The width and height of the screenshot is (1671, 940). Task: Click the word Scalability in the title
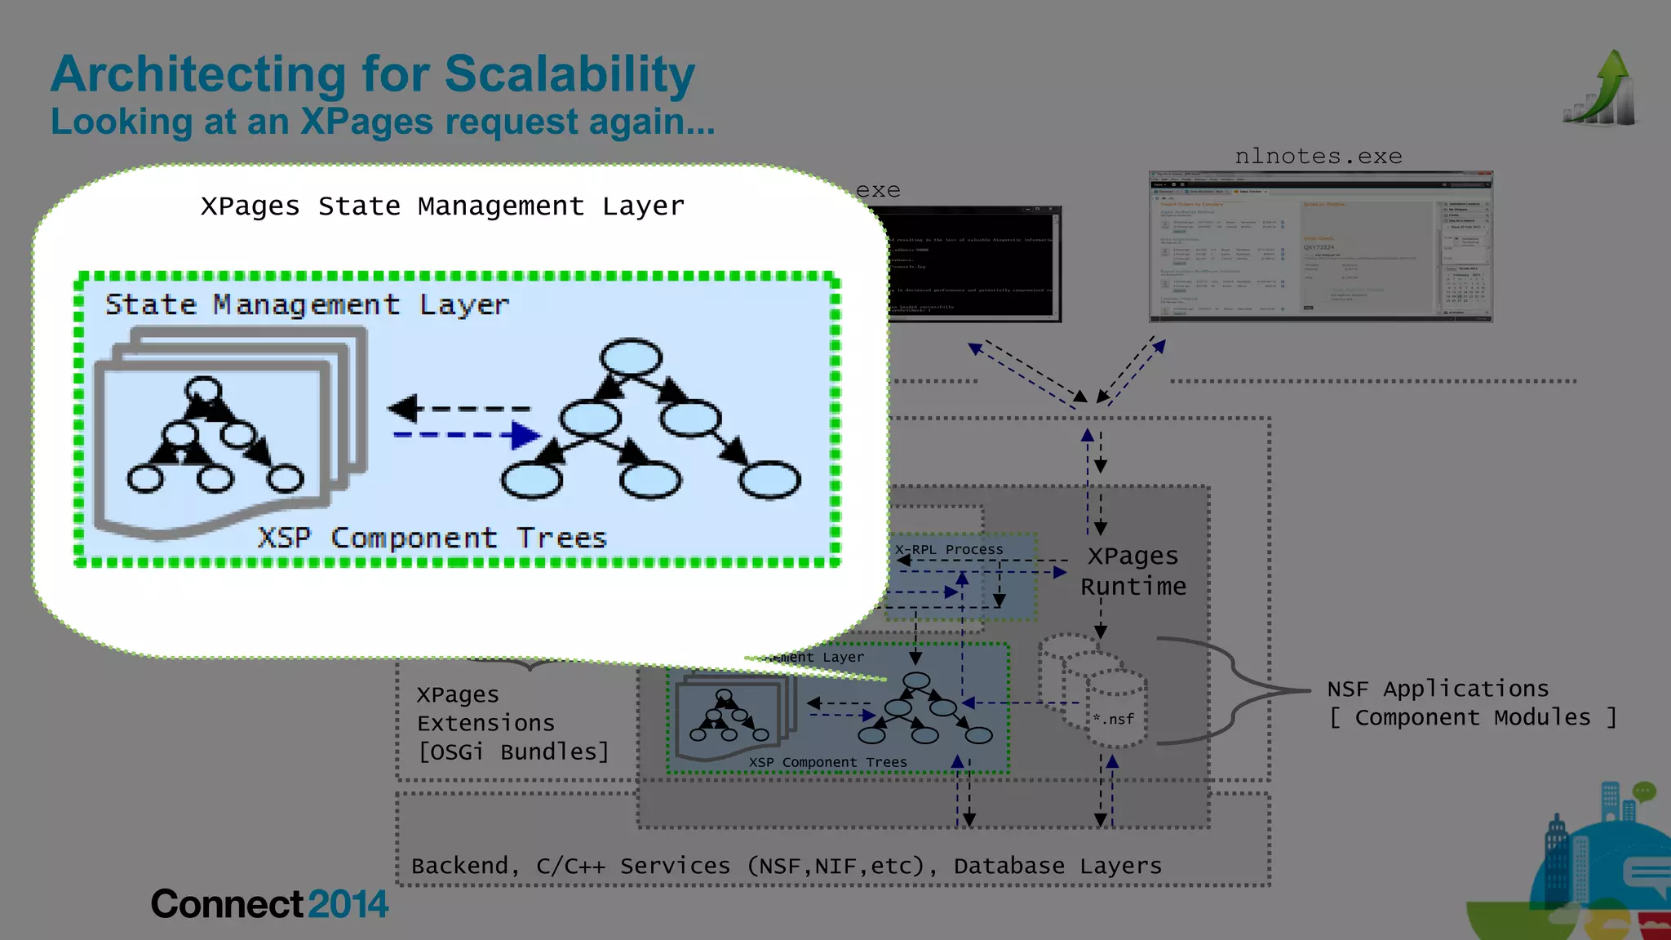click(x=570, y=75)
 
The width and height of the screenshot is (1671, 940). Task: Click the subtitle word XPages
click(x=366, y=122)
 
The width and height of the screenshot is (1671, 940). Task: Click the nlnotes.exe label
click(x=1318, y=156)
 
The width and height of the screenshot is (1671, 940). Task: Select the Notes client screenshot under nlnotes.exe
click(x=1320, y=246)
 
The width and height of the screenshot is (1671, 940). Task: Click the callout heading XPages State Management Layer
click(x=442, y=206)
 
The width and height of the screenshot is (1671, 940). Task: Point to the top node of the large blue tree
click(x=631, y=357)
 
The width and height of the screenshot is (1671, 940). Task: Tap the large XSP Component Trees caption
click(x=432, y=539)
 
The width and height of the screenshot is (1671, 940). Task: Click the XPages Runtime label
click(x=1132, y=571)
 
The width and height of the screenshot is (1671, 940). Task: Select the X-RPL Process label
click(x=949, y=550)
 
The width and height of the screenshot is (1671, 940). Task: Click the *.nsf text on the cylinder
click(x=1114, y=719)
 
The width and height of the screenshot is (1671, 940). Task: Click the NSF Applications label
click(x=1437, y=689)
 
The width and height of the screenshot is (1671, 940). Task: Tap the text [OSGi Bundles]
click(x=513, y=752)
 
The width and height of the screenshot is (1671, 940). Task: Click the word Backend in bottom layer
click(x=459, y=866)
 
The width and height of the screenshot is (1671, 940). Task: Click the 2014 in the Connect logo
click(x=348, y=904)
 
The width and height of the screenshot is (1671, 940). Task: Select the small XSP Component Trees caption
click(x=827, y=762)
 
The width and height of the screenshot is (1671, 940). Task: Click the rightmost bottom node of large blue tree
click(x=769, y=479)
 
